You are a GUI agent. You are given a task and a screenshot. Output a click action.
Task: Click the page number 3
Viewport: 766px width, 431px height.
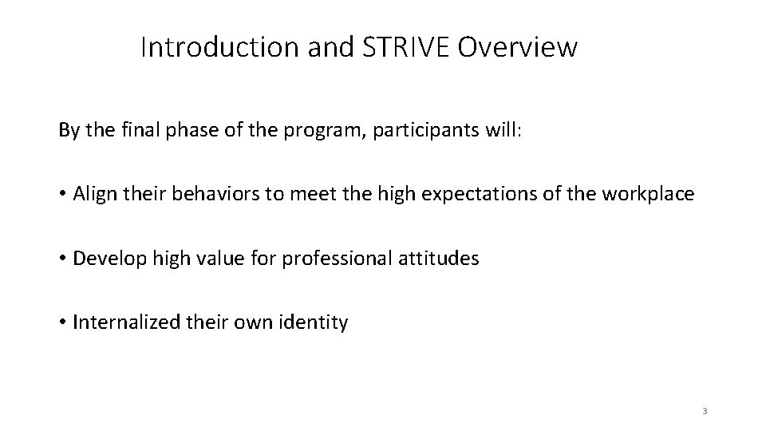point(705,411)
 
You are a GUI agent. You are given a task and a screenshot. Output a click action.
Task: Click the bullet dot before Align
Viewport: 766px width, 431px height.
point(62,195)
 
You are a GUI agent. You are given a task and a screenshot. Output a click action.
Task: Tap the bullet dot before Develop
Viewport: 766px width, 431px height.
point(62,259)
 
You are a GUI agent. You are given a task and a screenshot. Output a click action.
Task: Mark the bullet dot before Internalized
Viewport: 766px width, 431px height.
point(62,322)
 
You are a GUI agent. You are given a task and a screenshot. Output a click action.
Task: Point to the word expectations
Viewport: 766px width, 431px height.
point(466,195)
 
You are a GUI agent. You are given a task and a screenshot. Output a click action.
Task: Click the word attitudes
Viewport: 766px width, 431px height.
point(444,259)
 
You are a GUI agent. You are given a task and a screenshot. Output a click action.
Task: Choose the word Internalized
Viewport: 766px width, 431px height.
point(121,322)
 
